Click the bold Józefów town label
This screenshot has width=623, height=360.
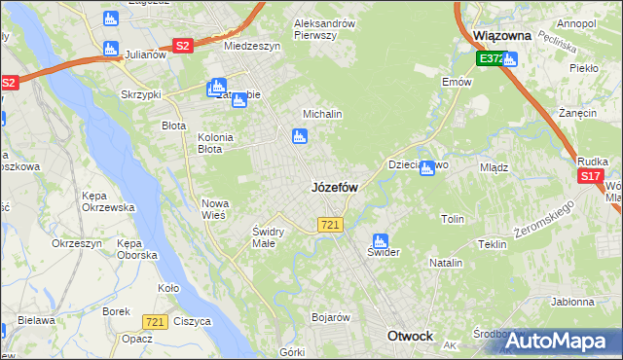pyautogui.click(x=334, y=187)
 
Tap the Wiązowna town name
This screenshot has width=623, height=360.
pyautogui.click(x=501, y=35)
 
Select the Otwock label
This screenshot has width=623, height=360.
pyautogui.click(x=410, y=336)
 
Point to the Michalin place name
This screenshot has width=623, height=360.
pyautogui.click(x=322, y=114)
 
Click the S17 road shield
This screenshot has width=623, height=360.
pyautogui.click(x=590, y=176)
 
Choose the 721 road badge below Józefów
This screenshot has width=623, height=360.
pyautogui.click(x=329, y=225)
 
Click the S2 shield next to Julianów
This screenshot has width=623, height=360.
pyautogui.click(x=182, y=45)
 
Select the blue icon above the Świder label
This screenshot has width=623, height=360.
pyautogui.click(x=380, y=239)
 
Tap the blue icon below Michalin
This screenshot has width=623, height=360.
pyautogui.click(x=299, y=137)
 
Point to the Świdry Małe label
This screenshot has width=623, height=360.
pyautogui.click(x=268, y=236)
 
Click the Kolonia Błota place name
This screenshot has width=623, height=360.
pyautogui.click(x=215, y=143)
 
